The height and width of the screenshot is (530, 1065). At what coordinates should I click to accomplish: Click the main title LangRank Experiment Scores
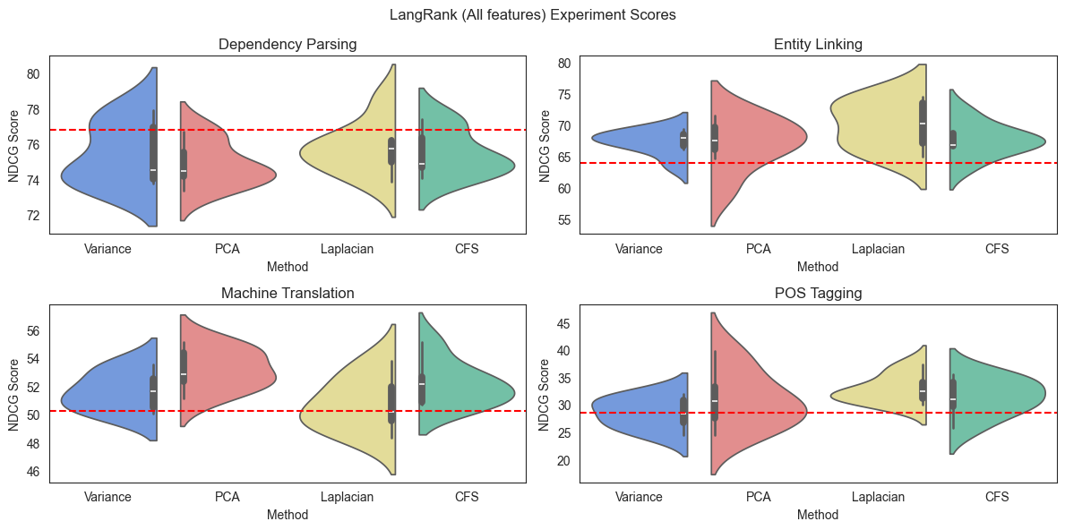(532, 15)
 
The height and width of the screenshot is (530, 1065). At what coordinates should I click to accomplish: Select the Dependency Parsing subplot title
(288, 44)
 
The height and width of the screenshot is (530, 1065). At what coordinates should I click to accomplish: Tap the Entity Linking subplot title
(818, 44)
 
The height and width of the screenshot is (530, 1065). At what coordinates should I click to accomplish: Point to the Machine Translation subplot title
(288, 293)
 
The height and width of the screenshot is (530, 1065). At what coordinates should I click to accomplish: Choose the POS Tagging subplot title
(818, 293)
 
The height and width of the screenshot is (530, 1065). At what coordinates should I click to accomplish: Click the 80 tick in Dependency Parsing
(32, 73)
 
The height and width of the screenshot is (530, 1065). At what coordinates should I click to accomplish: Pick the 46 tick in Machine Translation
(32, 472)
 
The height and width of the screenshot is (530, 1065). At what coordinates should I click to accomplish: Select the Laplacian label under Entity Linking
(878, 249)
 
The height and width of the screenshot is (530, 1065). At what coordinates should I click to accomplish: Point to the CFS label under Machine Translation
(467, 497)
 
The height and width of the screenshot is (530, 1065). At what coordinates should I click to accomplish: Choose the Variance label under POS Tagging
(639, 497)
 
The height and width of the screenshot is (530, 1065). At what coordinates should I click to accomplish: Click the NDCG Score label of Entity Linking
(545, 144)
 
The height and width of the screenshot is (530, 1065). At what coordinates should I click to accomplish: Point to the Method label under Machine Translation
(288, 515)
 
